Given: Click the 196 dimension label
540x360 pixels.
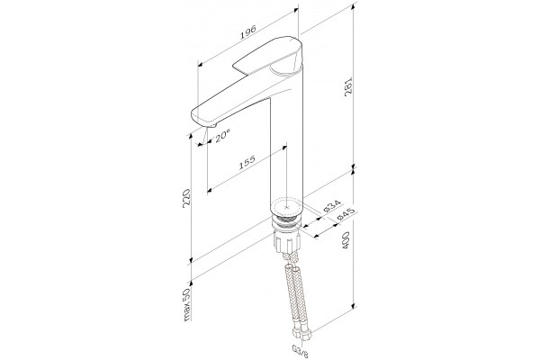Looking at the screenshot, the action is tap(248, 31).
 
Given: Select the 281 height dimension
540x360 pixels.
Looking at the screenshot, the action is tap(348, 86).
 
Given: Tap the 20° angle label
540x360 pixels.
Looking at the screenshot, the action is tap(221, 136).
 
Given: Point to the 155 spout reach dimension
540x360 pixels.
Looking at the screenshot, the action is tap(247, 162).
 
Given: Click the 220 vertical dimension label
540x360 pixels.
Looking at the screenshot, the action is tap(186, 197).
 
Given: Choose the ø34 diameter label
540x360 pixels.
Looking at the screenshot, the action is tap(332, 207).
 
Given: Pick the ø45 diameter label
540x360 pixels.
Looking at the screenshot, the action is tap(346, 214).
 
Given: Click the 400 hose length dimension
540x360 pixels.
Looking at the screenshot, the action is tap(346, 239).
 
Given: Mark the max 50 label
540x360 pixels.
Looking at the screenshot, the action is tap(187, 304).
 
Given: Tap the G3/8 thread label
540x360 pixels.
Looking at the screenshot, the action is tap(296, 349).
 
